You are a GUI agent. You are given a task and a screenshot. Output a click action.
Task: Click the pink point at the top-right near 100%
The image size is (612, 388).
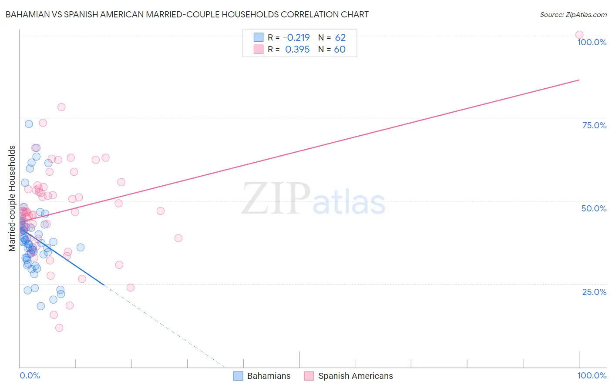579,35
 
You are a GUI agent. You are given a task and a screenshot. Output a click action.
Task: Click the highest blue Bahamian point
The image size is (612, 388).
29,124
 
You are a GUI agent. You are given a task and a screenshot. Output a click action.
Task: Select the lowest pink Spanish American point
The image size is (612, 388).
59,328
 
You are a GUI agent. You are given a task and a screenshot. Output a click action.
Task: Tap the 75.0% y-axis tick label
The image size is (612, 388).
594,125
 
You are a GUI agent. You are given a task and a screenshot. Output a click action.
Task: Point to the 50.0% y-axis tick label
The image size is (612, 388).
594,208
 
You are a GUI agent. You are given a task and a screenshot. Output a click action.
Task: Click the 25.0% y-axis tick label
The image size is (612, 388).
594,292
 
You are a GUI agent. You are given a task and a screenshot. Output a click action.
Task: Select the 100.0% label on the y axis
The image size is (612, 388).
592,42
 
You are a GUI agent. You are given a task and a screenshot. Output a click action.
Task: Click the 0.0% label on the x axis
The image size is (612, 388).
30,375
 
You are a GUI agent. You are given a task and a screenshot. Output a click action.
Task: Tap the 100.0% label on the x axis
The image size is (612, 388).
592,375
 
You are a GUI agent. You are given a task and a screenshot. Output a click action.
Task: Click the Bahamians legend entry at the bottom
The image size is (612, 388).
262,376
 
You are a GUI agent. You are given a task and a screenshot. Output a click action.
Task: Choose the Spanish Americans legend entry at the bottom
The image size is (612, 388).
349,376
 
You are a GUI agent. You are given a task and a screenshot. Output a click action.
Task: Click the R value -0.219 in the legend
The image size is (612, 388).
297,38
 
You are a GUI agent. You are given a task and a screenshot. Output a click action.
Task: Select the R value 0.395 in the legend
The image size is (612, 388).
297,50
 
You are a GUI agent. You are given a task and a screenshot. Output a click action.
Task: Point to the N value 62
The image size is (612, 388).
340,38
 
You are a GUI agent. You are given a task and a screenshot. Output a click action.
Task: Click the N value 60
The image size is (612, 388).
340,50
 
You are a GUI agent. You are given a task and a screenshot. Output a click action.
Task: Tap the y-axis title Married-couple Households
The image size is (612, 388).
12,198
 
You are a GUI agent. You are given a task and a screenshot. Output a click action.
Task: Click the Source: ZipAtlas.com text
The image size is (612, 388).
573,15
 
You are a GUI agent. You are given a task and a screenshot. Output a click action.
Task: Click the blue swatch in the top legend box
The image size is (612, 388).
259,37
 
